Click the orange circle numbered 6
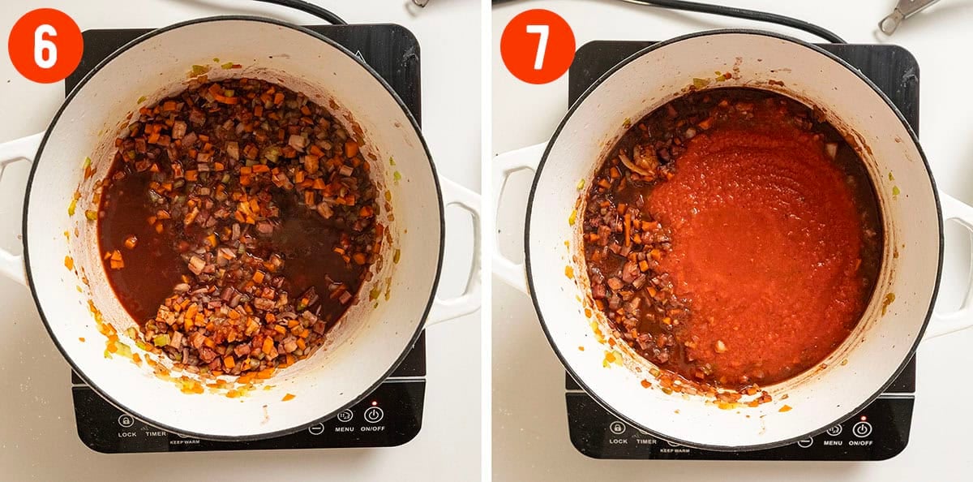coord(45,45)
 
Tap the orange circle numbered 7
coord(538,46)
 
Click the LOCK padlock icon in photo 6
coord(126,420)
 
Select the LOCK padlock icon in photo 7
coord(618,428)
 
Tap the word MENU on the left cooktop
coord(345,429)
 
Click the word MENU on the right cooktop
coord(833,443)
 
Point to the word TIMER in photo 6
coord(156,434)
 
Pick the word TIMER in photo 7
coord(646,441)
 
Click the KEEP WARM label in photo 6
coord(185,442)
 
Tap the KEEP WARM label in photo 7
coord(675,450)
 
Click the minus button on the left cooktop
coord(316,428)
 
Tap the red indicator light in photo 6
coord(374,403)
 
